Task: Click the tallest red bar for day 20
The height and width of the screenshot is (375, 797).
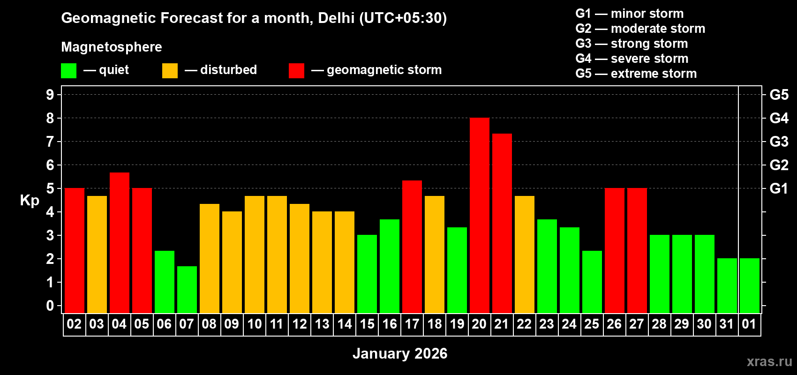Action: point(479,216)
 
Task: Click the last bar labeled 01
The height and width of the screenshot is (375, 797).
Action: point(749,286)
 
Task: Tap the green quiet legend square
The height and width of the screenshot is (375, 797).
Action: point(68,71)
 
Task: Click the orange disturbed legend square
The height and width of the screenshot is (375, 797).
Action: point(170,71)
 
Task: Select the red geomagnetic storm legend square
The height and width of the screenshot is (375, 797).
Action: point(296,71)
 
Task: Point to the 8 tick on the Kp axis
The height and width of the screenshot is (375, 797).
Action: point(50,118)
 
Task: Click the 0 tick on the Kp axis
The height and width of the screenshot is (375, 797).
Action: point(50,306)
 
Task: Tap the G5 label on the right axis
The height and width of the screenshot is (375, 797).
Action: point(779,95)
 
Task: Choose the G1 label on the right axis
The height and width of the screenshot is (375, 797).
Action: point(779,188)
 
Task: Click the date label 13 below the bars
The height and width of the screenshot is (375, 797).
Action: point(322,324)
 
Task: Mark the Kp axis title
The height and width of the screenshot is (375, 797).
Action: point(30,201)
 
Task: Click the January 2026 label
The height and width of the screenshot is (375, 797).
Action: point(399,353)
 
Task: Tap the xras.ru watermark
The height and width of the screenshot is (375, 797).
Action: point(769,361)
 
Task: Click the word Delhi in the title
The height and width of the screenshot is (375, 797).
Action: point(336,18)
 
